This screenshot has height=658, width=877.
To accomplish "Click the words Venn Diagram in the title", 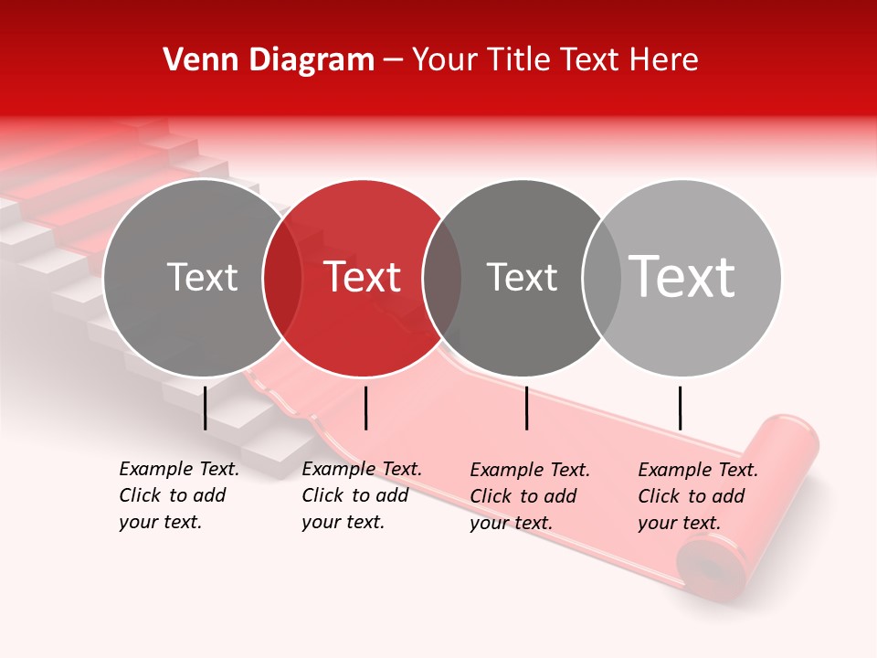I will pyautogui.click(x=269, y=60).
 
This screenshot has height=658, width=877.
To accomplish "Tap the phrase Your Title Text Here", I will pyautogui.click(x=555, y=60).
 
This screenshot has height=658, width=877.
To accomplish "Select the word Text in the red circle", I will pyautogui.click(x=363, y=277).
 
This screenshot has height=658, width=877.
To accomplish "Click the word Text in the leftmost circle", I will pyautogui.click(x=203, y=277).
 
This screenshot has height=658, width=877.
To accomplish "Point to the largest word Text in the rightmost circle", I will pyautogui.click(x=682, y=277).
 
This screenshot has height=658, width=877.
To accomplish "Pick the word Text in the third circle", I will pyautogui.click(x=522, y=277).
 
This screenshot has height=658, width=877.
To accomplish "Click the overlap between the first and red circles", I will pyautogui.click(x=282, y=278).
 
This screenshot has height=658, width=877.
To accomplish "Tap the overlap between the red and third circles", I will pyautogui.click(x=442, y=278).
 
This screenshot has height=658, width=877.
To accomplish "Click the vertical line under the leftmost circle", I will pyautogui.click(x=206, y=408).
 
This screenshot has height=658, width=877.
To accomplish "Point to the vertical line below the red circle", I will pyautogui.click(x=365, y=408).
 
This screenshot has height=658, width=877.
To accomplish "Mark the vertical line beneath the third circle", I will pyautogui.click(x=527, y=408).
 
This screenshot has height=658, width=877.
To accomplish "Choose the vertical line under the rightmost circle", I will pyautogui.click(x=680, y=408).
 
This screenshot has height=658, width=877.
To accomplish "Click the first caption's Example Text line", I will pyautogui.click(x=179, y=469).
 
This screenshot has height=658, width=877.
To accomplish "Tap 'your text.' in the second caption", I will pyautogui.click(x=343, y=522).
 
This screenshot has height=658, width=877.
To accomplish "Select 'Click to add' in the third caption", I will pyautogui.click(x=523, y=495).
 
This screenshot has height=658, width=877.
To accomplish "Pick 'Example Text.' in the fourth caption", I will pyautogui.click(x=698, y=470).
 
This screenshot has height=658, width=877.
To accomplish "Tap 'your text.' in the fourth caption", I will pyautogui.click(x=679, y=523).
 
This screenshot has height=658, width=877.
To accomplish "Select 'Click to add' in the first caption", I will pyautogui.click(x=173, y=495).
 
